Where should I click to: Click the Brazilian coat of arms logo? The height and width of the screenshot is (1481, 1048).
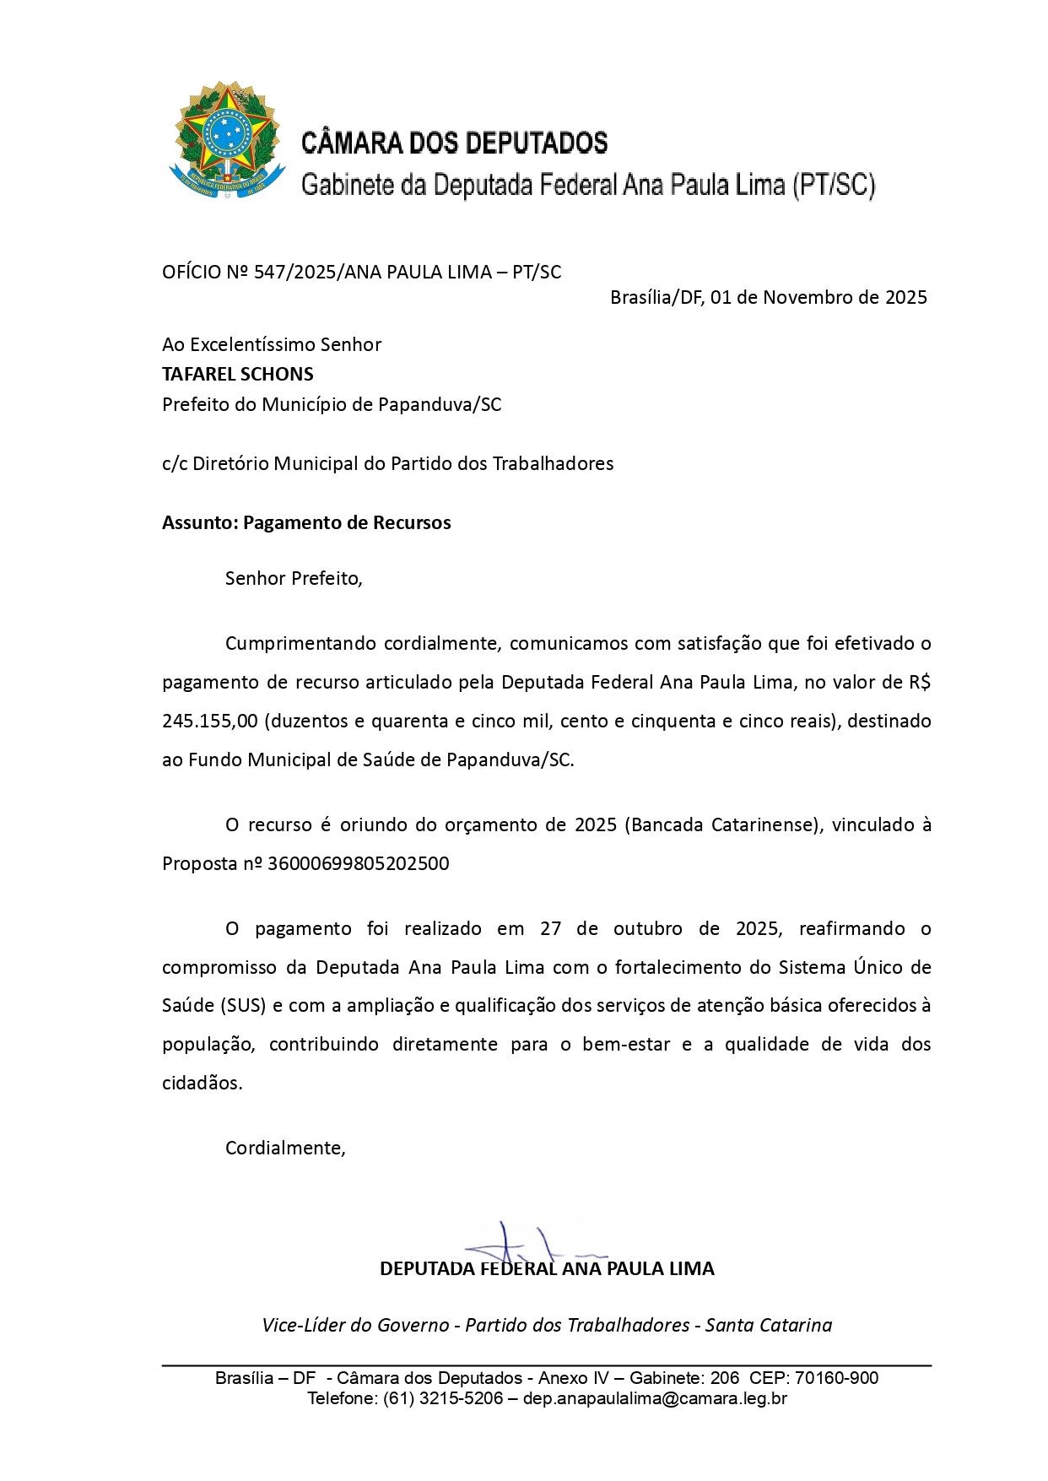[226, 140]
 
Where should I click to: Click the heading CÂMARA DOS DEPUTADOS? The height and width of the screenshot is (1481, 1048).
[454, 143]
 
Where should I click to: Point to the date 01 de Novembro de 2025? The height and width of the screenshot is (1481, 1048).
[818, 297]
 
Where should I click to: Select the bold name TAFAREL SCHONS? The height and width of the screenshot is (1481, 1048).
[238, 374]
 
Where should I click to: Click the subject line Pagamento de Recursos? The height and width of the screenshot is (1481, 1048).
[347, 522]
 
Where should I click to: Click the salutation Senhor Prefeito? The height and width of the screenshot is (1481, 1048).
[293, 578]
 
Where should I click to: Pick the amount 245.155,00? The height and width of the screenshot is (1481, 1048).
[210, 721]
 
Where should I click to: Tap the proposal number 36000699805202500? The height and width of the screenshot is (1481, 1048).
[358, 863]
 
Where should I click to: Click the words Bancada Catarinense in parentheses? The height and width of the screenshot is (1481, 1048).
[723, 824]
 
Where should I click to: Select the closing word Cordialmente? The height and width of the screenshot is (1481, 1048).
[284, 1148]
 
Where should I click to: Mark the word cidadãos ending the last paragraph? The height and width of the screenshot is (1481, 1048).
[202, 1083]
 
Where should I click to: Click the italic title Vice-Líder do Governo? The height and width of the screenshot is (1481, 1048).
[355, 1325]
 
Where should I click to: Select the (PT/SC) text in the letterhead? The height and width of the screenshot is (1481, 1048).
[833, 184]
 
